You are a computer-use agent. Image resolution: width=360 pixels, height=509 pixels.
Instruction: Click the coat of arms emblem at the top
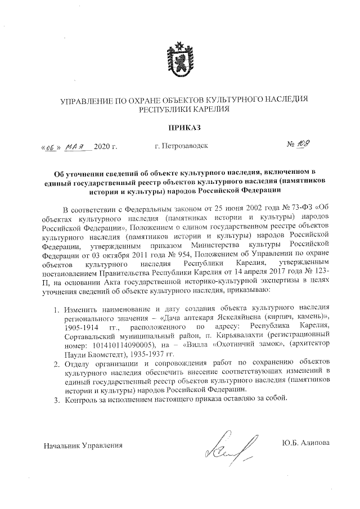click(179, 60)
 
